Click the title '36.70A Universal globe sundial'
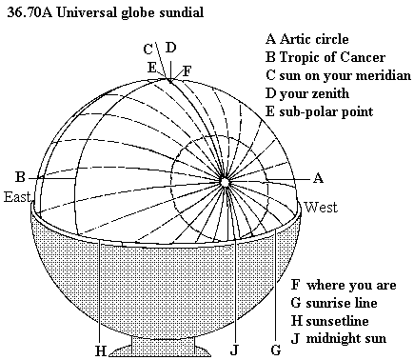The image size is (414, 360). point(105,12)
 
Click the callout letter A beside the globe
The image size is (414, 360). point(318,178)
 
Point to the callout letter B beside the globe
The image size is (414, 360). point(20,177)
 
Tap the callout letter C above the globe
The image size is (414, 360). point(148,50)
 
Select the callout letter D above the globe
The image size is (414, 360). point(170,48)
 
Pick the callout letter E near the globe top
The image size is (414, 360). point(152,68)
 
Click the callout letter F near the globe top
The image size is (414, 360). point(187,71)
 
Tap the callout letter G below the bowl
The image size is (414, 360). point(276,350)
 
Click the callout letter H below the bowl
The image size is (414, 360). point(101,351)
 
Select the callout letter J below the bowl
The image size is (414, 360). point(234,350)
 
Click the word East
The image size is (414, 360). point(17,197)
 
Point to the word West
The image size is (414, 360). point(321,208)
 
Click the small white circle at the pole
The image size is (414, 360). point(225,182)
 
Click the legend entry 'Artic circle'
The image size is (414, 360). point(314,39)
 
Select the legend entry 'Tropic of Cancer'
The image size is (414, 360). point(332,57)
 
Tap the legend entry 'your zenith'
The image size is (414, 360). point(314,94)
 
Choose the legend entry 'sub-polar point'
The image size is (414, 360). point(326,111)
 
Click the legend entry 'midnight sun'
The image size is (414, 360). point(346,338)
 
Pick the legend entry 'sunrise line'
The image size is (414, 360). point(342,303)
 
